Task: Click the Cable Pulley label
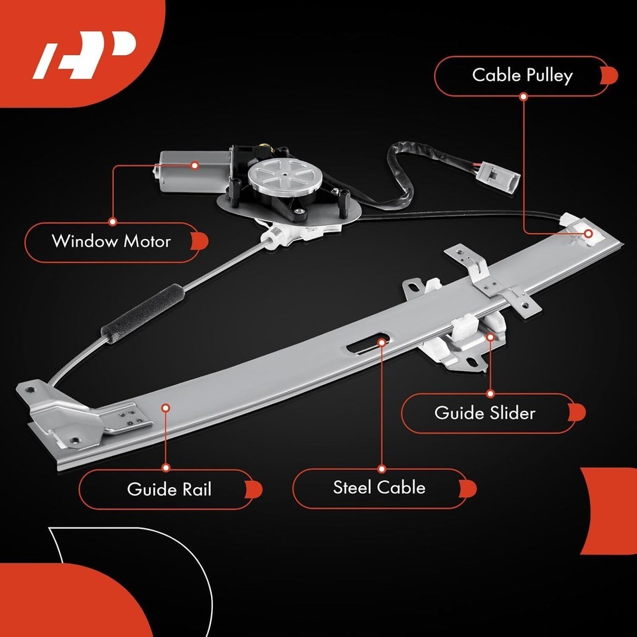(x=522, y=75)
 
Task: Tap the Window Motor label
(x=111, y=240)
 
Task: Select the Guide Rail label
(x=169, y=490)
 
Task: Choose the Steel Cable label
(x=379, y=488)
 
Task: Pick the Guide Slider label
(x=484, y=413)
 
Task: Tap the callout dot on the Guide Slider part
(x=490, y=337)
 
